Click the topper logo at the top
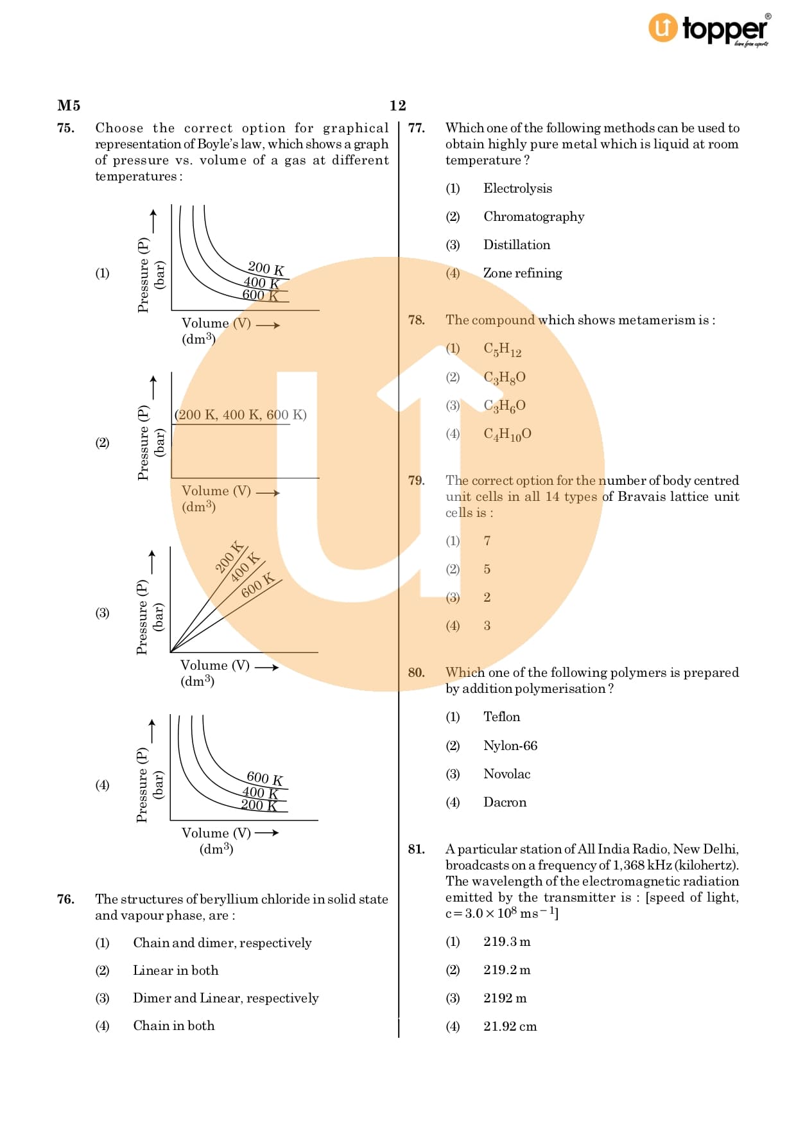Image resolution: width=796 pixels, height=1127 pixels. (x=709, y=30)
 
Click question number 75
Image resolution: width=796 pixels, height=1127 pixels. (x=65, y=128)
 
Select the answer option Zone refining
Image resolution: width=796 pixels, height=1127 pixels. (x=523, y=274)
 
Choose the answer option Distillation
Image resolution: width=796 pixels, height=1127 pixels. (x=517, y=245)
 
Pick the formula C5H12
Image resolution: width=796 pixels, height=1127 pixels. (x=503, y=350)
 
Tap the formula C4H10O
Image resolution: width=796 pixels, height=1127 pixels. (x=507, y=435)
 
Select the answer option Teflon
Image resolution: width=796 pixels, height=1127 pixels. (x=502, y=717)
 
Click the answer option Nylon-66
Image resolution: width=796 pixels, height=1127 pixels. (x=510, y=746)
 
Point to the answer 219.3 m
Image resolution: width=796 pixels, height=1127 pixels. (x=507, y=942)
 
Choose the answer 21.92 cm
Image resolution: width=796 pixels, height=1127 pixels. (x=510, y=1027)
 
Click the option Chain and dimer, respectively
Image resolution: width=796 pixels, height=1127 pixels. (x=222, y=943)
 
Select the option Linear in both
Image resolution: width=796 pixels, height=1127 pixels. (x=175, y=971)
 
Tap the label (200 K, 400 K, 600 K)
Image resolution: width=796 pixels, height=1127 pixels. (x=241, y=415)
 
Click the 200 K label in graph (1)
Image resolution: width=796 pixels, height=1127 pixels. (x=266, y=268)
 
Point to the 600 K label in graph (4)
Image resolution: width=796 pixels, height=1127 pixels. (x=264, y=779)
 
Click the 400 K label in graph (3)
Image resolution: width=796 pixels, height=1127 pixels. (x=245, y=568)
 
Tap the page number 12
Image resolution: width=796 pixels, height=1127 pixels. (x=397, y=106)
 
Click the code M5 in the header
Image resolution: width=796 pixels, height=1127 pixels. (x=69, y=106)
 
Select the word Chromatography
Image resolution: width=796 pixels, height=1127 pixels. (x=533, y=217)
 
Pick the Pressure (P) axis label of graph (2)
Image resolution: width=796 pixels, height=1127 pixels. (x=143, y=442)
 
